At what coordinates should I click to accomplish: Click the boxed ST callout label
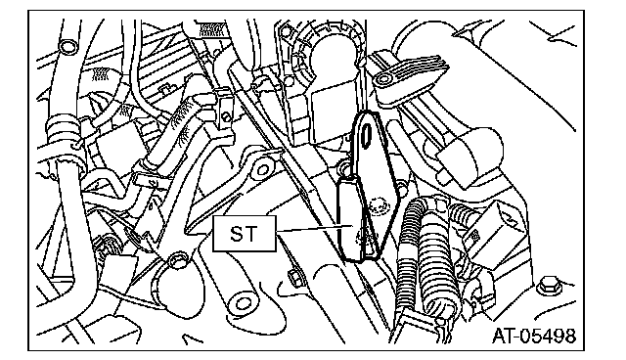tap(244, 234)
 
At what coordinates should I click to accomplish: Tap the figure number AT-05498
tap(534, 337)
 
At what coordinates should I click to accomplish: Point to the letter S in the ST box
tap(237, 234)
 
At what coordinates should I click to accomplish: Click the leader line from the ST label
tap(315, 228)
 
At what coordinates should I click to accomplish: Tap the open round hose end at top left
tap(67, 47)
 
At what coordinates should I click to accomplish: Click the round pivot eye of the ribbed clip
tap(382, 79)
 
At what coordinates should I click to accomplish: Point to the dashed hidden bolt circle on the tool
tap(378, 206)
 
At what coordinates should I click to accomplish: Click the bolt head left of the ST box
tap(176, 261)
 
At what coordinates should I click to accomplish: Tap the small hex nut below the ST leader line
tap(294, 277)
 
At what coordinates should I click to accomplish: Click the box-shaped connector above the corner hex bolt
tap(500, 229)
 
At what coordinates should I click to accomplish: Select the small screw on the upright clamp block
tap(226, 116)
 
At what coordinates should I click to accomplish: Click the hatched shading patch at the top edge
tap(211, 29)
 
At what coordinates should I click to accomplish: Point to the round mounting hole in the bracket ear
tap(263, 169)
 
